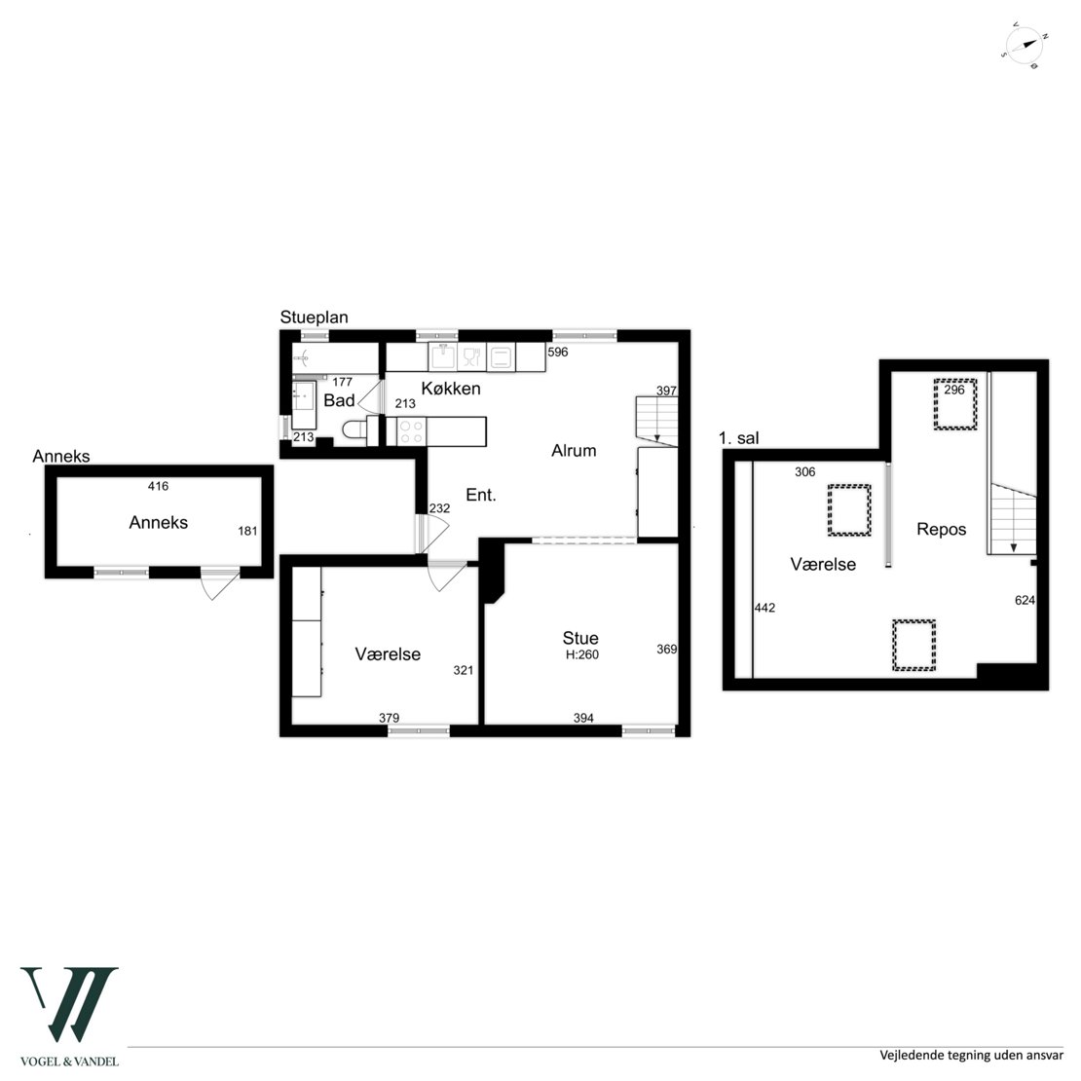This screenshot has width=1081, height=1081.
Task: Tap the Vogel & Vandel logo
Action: point(69,1016)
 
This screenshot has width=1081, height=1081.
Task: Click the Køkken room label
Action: point(451,389)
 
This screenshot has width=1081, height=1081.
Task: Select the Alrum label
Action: point(574,450)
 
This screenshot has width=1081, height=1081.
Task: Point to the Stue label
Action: point(580,638)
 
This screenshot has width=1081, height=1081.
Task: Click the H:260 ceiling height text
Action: point(582,655)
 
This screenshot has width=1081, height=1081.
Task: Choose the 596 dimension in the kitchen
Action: point(558,352)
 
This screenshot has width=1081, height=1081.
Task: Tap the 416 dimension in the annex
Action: point(158,486)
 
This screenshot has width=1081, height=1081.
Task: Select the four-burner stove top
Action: point(412,431)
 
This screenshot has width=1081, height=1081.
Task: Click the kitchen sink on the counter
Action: point(443,356)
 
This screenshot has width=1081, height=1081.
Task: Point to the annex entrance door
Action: point(220,583)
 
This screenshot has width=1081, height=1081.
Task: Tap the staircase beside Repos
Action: point(1014,518)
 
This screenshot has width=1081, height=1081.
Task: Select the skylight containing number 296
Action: point(955,404)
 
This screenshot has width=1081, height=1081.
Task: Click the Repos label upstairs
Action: point(942,530)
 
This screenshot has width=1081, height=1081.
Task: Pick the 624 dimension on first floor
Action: point(1025,601)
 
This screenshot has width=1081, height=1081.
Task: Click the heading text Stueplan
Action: point(314,317)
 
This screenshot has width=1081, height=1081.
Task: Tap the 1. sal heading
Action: point(738,438)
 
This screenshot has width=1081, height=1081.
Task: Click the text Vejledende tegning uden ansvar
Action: point(971,1056)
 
